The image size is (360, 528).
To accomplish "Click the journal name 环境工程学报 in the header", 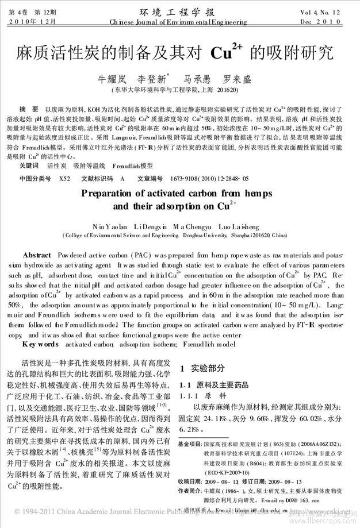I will [x=180, y=11].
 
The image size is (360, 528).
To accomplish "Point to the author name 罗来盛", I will [x=238, y=79].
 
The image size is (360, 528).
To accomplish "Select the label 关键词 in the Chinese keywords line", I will [x=29, y=165].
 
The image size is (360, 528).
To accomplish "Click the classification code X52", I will [x=64, y=179].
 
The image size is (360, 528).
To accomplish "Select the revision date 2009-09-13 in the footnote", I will [x=266, y=480].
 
